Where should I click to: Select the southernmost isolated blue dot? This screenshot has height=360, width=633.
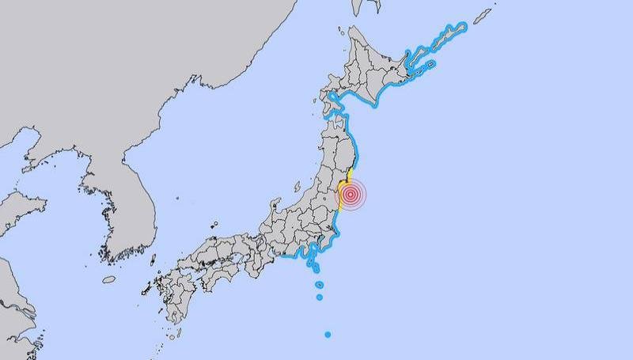pos(328,334)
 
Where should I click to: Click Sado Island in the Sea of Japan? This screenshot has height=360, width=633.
pos(298,188)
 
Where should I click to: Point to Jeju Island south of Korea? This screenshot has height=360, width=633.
pos(108,279)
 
